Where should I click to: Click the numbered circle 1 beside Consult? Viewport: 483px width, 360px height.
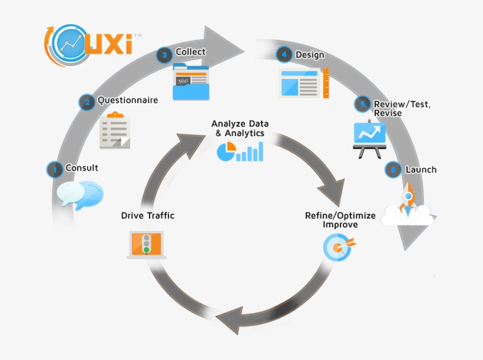[x=54, y=170]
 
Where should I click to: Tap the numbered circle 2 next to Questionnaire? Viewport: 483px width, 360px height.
[x=87, y=102]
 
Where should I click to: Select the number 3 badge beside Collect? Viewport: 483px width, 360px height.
[x=164, y=55]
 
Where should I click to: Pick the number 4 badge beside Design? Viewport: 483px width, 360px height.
[x=284, y=55]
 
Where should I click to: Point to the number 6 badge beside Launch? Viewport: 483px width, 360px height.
[x=393, y=170]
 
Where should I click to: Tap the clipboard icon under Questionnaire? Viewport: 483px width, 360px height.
[x=115, y=130]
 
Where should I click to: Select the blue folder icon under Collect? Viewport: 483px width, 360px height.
[x=191, y=82]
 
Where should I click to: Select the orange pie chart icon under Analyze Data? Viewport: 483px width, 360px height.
[x=226, y=152]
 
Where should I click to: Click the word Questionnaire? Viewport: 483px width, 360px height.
[x=128, y=100]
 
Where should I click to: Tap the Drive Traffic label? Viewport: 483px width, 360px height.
[x=148, y=216]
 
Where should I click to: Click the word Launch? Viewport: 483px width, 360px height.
[x=421, y=170]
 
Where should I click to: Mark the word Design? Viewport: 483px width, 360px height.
[x=310, y=55]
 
